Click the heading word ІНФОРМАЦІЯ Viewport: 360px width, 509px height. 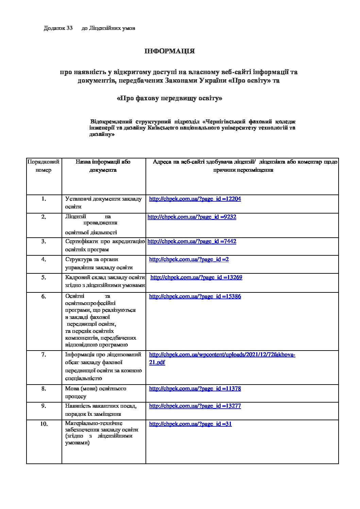169,51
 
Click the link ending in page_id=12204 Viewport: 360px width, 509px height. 195,199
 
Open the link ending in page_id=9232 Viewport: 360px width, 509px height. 192,217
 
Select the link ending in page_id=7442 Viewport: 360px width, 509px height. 192,241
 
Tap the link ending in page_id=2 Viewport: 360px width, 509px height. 189,259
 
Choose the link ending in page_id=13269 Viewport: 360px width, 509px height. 196,277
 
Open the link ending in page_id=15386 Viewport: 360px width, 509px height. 195,296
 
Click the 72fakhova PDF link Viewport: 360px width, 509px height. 222,355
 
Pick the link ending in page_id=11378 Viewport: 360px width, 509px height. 195,389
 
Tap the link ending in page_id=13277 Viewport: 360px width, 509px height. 195,406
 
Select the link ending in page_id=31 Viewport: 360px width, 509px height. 190,424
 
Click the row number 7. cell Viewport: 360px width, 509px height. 44,355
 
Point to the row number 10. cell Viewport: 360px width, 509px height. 44,424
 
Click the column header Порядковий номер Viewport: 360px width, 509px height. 44,166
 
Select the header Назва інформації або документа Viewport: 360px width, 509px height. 103,166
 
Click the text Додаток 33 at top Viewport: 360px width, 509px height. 58,28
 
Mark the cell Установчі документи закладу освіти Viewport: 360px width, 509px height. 103,203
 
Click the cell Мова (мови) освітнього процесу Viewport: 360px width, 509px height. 96,392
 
